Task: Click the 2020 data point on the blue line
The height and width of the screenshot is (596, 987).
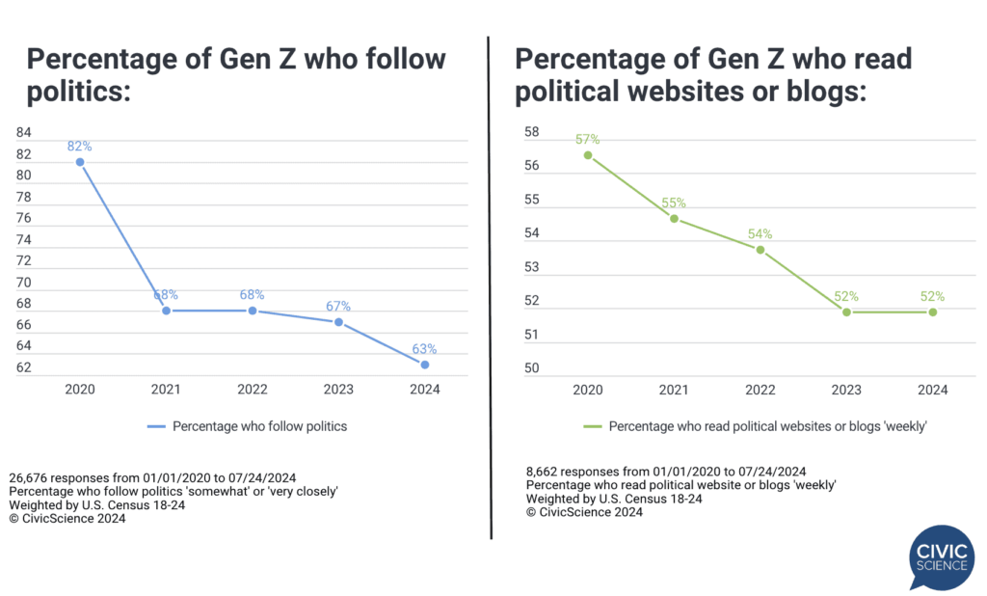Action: pyautogui.click(x=80, y=162)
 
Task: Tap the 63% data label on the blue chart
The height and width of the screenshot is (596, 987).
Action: pyautogui.click(x=425, y=349)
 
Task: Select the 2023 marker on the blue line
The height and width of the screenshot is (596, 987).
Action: pyautogui.click(x=338, y=321)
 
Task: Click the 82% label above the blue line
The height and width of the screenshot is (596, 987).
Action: pyautogui.click(x=80, y=147)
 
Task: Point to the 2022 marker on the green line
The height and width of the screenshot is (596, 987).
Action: pyautogui.click(x=760, y=250)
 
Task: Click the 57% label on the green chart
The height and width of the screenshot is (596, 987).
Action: pyautogui.click(x=588, y=139)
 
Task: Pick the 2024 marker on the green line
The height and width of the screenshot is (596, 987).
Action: pyautogui.click(x=933, y=312)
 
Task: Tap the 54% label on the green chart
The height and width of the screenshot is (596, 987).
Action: pyautogui.click(x=760, y=234)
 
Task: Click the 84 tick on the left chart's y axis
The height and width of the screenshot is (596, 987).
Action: pyautogui.click(x=24, y=132)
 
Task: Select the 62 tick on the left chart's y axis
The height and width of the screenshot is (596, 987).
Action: pyautogui.click(x=24, y=367)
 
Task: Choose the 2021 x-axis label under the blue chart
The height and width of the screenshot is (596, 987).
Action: pyautogui.click(x=166, y=390)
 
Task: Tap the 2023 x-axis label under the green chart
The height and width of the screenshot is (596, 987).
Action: pyautogui.click(x=846, y=390)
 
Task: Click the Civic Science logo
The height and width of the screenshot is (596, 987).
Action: pyautogui.click(x=942, y=556)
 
